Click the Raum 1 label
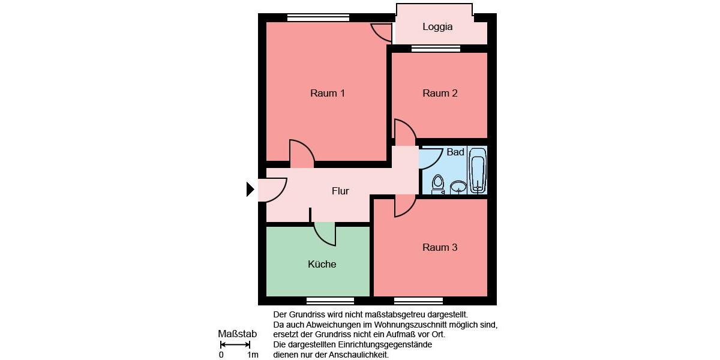point(327,93)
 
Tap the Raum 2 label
point(440,93)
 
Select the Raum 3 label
point(440,247)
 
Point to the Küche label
point(322,264)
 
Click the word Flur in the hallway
point(340,191)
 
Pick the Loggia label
point(437,27)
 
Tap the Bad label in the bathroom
point(455,152)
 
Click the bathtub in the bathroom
point(478,170)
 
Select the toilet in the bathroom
point(438,184)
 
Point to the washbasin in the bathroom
point(458,188)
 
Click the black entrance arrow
point(250,190)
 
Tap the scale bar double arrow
point(235,345)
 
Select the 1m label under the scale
point(253,355)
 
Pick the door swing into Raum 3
point(404,206)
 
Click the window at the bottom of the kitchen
point(330,301)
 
